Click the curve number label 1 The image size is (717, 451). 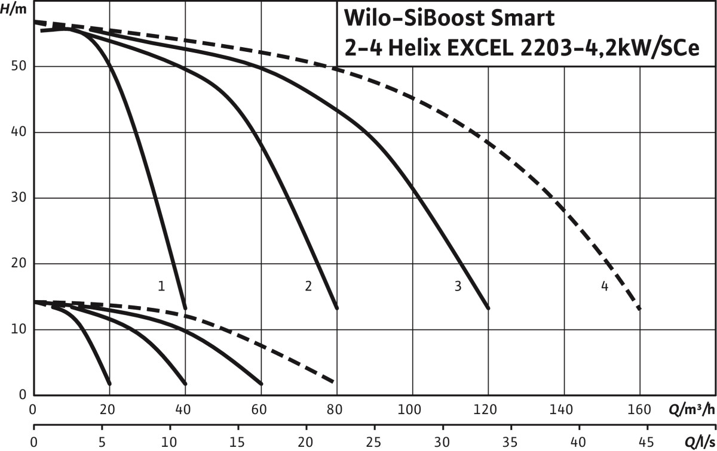(161, 286)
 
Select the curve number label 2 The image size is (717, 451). (308, 286)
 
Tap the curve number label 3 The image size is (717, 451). (458, 286)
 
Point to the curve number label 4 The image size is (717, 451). (605, 286)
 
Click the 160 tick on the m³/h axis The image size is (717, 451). (640, 410)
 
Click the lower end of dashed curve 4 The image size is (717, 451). (639, 308)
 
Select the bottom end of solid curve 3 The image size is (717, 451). (488, 308)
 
